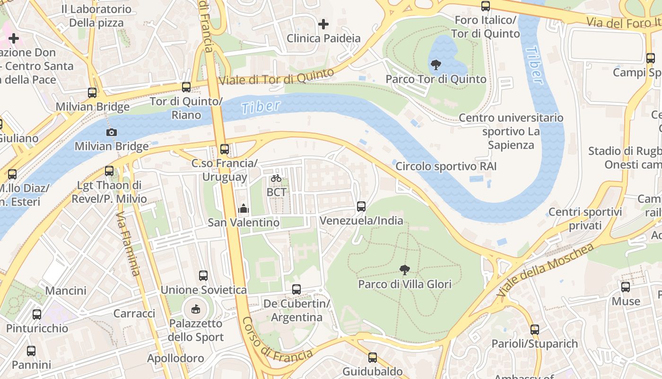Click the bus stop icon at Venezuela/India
[361, 207]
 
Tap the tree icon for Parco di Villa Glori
[404, 270]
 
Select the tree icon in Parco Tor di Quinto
[436, 64]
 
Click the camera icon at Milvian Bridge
[112, 132]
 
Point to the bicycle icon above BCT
[276, 179]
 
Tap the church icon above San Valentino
[244, 208]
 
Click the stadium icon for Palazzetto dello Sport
[195, 309]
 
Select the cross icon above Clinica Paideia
[323, 24]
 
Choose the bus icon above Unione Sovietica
[203, 275]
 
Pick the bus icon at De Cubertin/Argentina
[296, 289]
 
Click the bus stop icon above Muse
[626, 287]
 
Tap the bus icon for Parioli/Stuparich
[535, 329]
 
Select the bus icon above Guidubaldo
[373, 357]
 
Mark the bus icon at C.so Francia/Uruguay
[225, 149]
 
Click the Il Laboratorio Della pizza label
[96, 16]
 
